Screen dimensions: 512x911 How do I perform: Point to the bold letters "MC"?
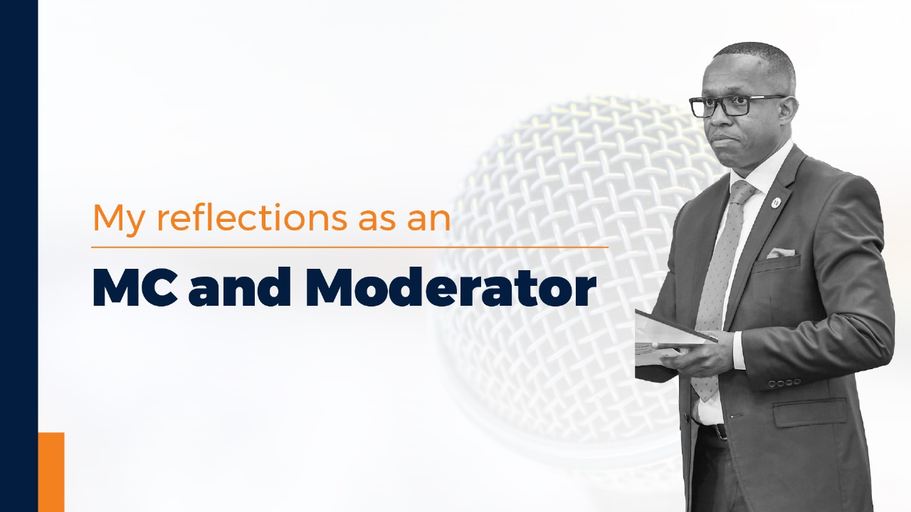click(x=135, y=288)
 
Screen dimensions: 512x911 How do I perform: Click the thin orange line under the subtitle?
click(x=349, y=247)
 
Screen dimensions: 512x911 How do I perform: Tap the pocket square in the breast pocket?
click(x=781, y=252)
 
